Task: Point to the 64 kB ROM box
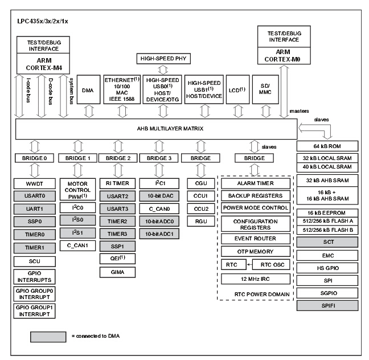[327, 146]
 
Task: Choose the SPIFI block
[327, 305]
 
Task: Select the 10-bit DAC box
[160, 196]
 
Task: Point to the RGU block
[201, 221]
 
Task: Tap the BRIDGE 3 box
[160, 157]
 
